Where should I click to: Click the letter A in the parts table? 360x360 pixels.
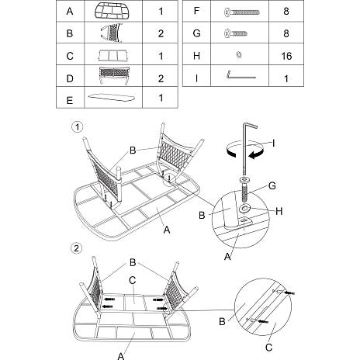[x=70, y=12]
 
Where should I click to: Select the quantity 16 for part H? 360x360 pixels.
[x=286, y=56]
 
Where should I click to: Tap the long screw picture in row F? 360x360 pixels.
[x=242, y=12]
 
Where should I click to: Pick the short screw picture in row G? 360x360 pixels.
[x=236, y=33]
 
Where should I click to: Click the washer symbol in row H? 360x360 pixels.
[x=239, y=55]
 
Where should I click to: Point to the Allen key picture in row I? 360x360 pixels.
[x=241, y=74]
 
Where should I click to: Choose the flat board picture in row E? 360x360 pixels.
[x=112, y=98]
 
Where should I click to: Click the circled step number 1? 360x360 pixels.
[x=77, y=127]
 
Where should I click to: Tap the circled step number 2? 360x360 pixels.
[x=77, y=248]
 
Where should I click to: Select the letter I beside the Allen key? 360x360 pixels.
[x=273, y=143]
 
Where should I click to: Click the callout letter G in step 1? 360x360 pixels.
[x=272, y=185]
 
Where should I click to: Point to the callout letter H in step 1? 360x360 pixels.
[x=279, y=211]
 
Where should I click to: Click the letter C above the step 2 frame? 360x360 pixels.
[x=132, y=280]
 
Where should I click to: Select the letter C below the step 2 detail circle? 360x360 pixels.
[x=269, y=348]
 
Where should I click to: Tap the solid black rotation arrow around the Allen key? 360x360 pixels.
[x=256, y=154]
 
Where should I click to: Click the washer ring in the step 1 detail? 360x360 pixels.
[x=244, y=208]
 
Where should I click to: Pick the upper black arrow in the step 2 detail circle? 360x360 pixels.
[x=289, y=292]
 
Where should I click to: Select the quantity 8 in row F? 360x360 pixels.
[x=286, y=12]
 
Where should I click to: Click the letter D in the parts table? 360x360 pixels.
[x=70, y=78]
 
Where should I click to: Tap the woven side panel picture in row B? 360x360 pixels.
[x=112, y=33]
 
